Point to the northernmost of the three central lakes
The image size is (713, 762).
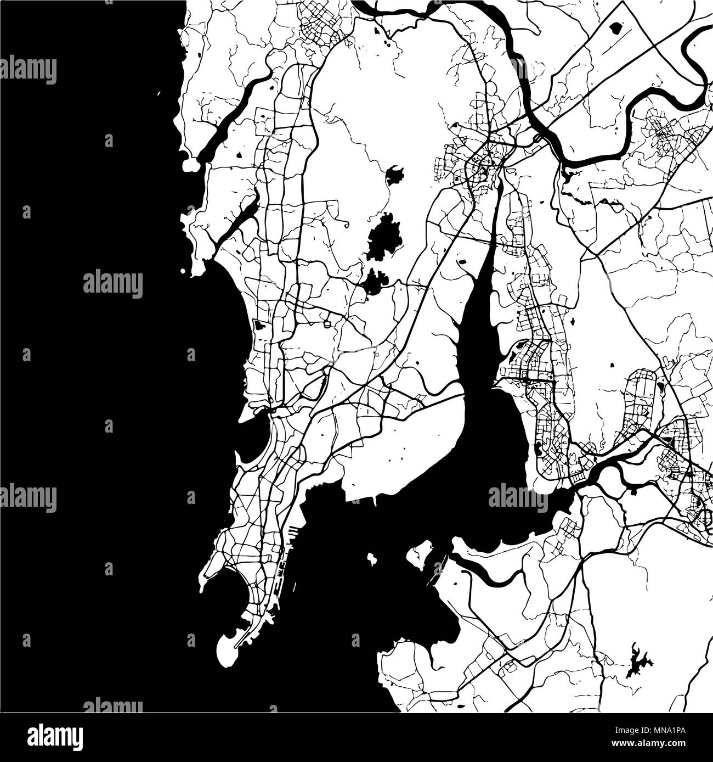pyautogui.click(x=394, y=176)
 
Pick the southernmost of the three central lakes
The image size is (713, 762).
pyautogui.click(x=373, y=282)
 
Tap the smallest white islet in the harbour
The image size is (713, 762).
pyautogui.click(x=372, y=559)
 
